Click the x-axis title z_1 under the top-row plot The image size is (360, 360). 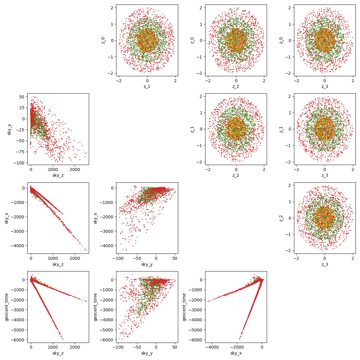tap(147, 86)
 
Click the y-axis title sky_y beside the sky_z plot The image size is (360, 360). tap(9, 129)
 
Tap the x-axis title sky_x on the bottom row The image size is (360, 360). tap(236, 353)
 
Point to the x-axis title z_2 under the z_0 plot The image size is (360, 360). tap(236, 86)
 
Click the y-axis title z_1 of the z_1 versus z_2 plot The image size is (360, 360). tap(193, 129)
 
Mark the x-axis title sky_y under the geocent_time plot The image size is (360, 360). tap(147, 353)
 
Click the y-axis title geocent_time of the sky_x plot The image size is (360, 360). tap(184, 307)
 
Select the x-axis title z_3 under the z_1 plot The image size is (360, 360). tap(325, 175)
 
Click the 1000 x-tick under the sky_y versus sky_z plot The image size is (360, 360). tap(53, 169)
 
